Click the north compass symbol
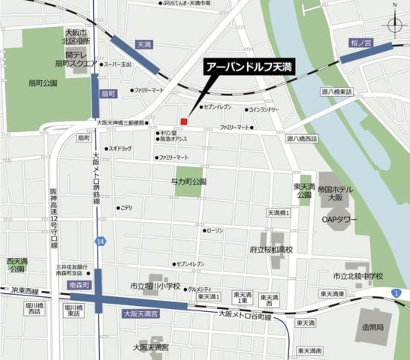396,25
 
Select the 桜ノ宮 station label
361,43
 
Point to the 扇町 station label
109,94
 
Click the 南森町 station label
79,286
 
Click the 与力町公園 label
188,181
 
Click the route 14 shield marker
101,241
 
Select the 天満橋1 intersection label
278,214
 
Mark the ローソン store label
214,230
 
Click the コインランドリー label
264,109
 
